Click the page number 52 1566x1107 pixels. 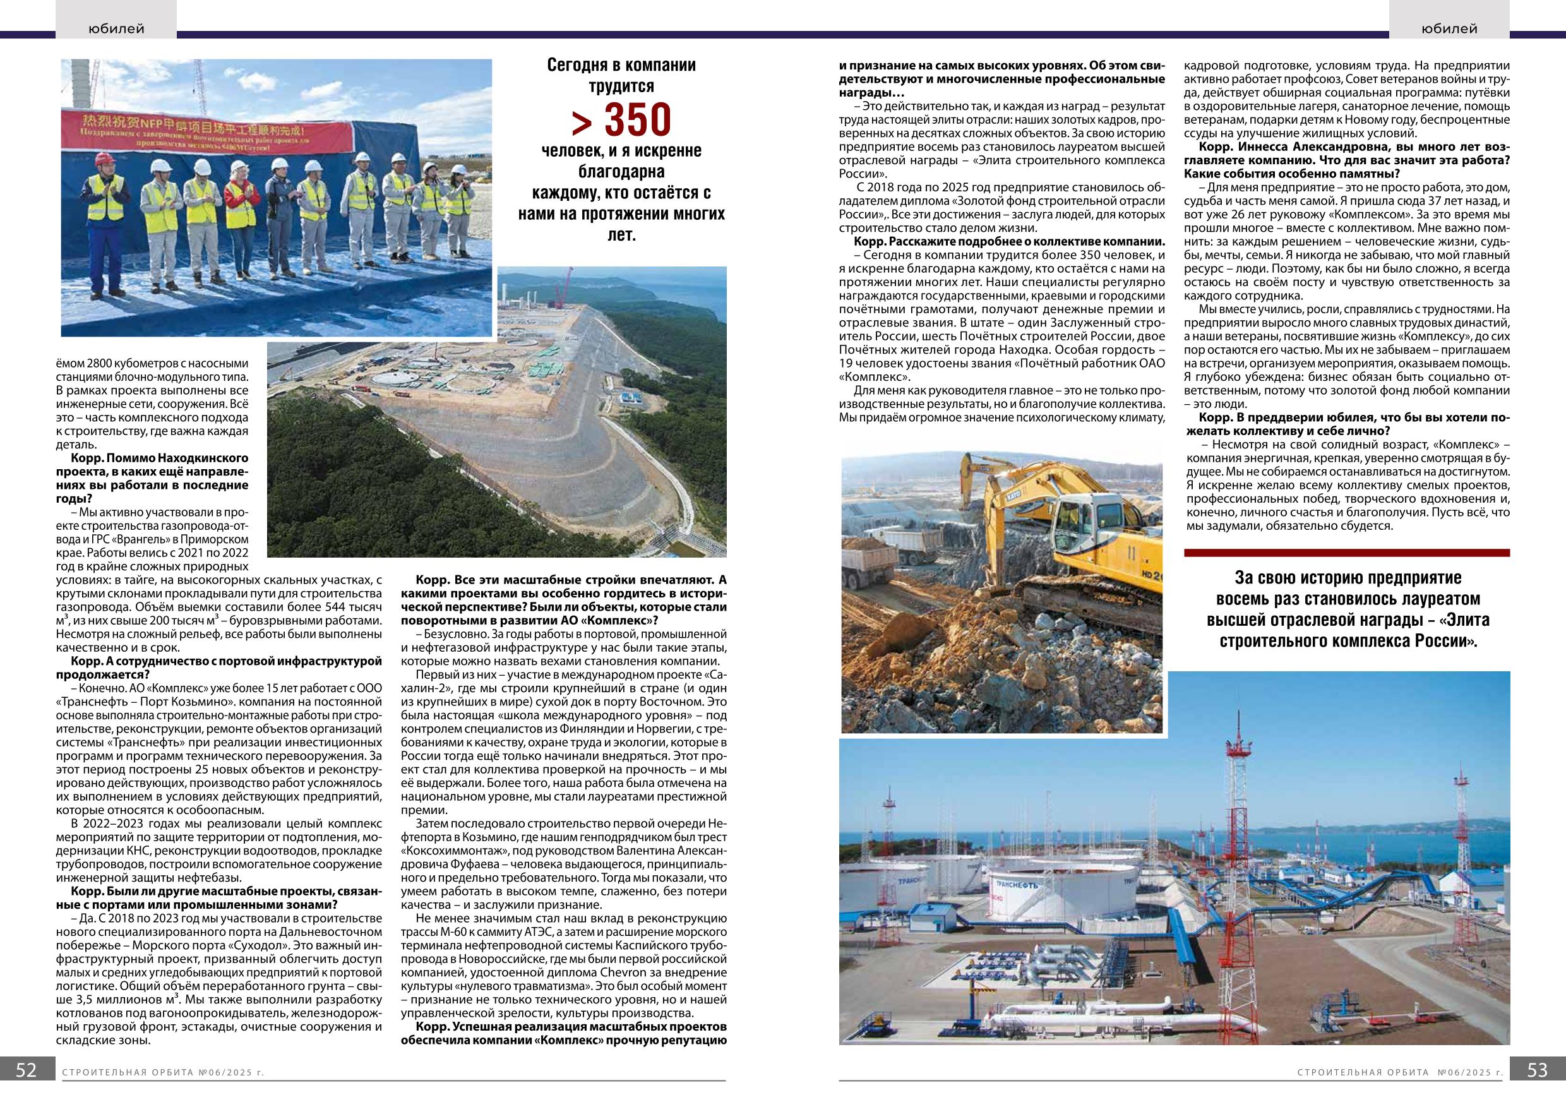26,1089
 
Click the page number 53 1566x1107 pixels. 1538,1089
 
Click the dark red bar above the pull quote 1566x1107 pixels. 1347,553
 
